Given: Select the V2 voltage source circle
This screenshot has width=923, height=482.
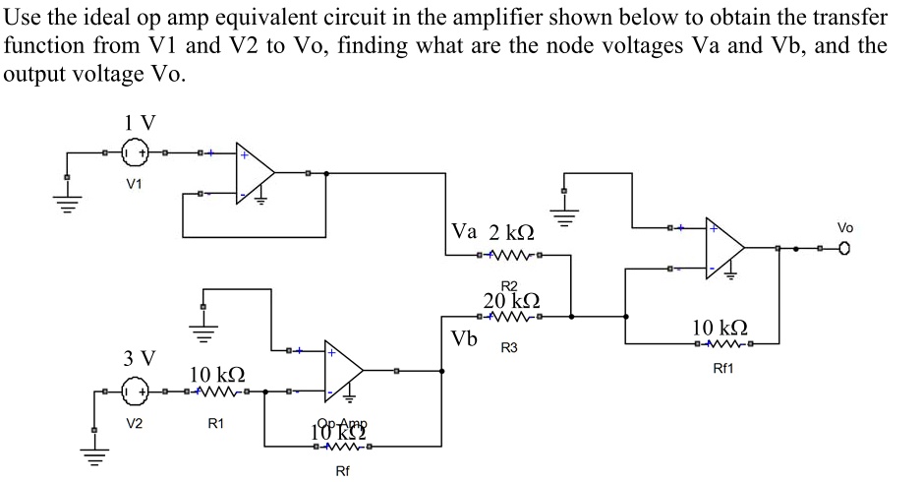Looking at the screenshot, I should click(135, 392).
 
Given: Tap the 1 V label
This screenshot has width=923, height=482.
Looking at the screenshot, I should click(140, 123).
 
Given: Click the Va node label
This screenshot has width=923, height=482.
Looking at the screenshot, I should click(465, 232).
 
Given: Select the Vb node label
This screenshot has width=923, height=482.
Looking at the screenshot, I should click(465, 339).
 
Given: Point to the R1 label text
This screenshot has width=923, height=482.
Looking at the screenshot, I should click(215, 423).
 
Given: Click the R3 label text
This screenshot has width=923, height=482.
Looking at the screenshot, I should click(509, 348).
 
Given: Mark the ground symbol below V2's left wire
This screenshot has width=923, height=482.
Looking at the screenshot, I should click(94, 452).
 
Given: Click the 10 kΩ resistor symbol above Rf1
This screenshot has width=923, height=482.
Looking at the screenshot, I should click(723, 343).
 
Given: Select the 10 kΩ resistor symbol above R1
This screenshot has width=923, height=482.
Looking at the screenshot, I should click(216, 392).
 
